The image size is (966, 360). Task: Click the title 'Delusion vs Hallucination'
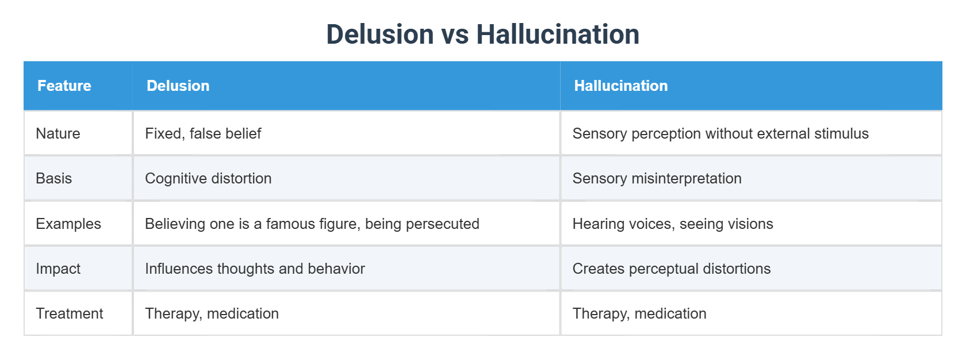(482, 34)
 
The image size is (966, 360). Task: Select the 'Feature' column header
(64, 86)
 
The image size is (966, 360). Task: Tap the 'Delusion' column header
(178, 86)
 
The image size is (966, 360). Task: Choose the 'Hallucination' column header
(620, 86)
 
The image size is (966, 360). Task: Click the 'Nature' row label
(58, 133)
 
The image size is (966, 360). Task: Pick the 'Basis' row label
(54, 178)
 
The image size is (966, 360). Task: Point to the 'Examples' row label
(68, 224)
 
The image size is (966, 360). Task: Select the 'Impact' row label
(58, 269)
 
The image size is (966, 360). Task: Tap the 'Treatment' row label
(70, 313)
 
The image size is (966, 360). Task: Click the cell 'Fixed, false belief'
(203, 133)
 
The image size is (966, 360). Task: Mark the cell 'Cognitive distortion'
(208, 178)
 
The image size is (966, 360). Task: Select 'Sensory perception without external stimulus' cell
(720, 133)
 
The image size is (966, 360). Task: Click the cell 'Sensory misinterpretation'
(657, 178)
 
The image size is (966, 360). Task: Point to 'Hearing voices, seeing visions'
(673, 224)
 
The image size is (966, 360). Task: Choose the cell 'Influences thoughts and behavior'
(255, 269)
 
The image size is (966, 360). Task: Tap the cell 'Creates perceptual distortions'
(672, 269)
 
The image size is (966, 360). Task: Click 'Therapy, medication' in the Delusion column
(212, 313)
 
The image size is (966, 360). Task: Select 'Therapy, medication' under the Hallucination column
(639, 313)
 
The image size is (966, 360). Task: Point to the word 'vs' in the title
(454, 35)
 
